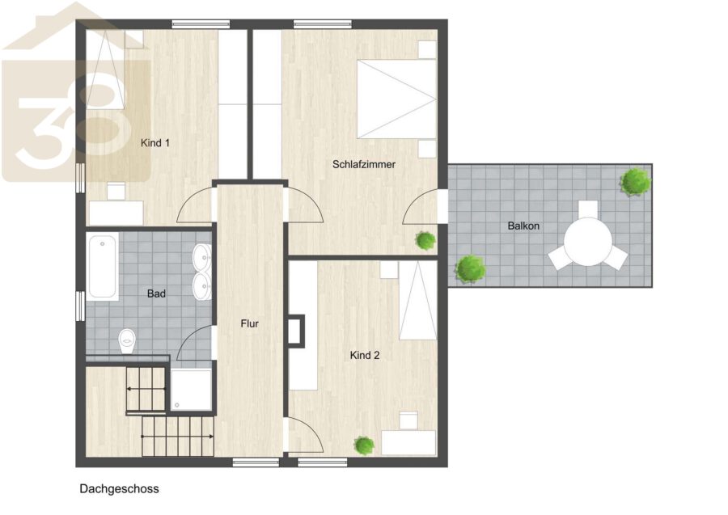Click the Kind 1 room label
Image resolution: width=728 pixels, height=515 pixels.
point(155,143)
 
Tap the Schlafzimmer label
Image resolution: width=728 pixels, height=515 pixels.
point(364,164)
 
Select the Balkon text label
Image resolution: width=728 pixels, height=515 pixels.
point(523,226)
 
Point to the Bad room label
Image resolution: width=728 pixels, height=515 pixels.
point(156,293)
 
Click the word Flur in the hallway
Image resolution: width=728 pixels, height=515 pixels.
point(249,323)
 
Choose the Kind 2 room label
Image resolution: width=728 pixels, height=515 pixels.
point(365,356)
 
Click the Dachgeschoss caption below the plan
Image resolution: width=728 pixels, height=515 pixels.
point(120,488)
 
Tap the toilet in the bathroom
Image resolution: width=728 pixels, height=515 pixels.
point(126,341)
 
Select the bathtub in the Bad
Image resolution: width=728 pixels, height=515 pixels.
point(102,267)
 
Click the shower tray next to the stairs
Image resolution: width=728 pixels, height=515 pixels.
point(191,390)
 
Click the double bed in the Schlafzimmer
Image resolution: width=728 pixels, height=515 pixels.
point(396,99)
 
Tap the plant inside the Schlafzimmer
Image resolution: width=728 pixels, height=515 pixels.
point(425,240)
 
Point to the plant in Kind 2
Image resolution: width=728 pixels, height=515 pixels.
point(364,445)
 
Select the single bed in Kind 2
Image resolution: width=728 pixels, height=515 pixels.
point(418,300)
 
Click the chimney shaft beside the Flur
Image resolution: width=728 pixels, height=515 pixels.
point(296,331)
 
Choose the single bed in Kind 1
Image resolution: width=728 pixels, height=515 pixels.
point(106,70)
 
